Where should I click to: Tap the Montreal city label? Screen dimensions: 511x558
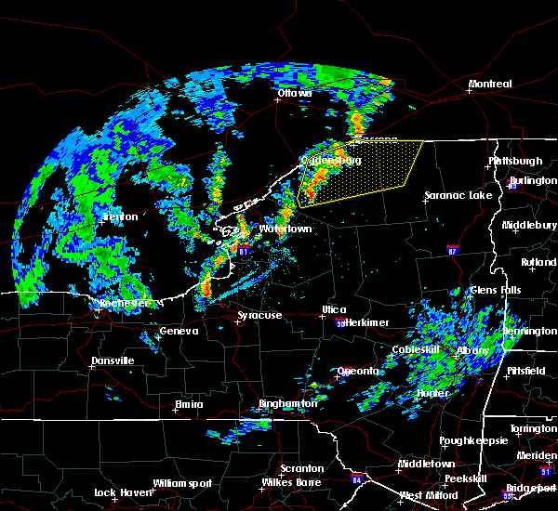[x=490, y=85]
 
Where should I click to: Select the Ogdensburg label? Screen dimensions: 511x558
[x=330, y=160]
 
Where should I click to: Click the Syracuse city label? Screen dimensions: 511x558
[x=259, y=316]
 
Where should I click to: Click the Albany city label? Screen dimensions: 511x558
[x=473, y=350]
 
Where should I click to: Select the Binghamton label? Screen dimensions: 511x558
[x=288, y=404]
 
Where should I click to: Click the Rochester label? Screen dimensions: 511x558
[x=124, y=304]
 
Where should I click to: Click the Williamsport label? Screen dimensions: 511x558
[x=183, y=483]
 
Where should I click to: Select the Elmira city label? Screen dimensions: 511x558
[x=190, y=404]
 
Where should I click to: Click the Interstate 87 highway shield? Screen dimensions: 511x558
[x=451, y=250]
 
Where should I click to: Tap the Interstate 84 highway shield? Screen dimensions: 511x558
[x=357, y=480]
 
